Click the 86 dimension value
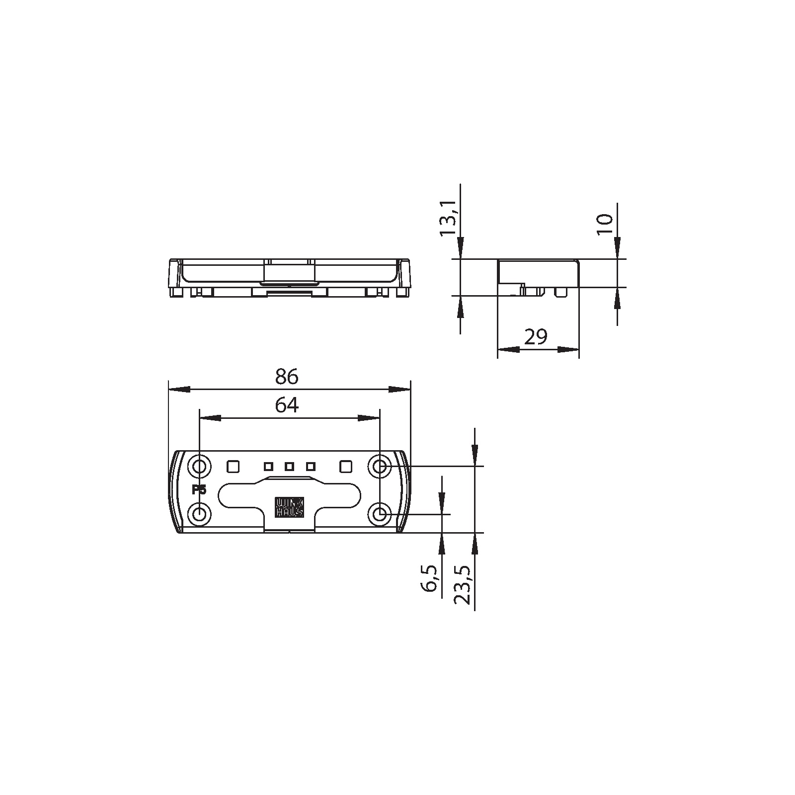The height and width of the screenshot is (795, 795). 287,377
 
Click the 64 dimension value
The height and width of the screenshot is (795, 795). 287,405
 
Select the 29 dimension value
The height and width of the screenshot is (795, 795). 536,337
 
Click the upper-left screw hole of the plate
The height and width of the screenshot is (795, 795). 199,467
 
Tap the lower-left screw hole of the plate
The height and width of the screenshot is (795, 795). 199,514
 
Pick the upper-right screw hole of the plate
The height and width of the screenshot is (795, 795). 380,467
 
